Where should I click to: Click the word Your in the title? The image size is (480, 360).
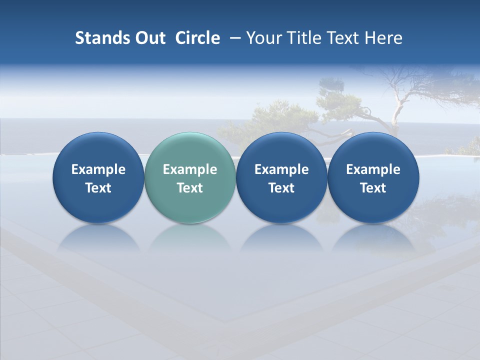(x=263, y=38)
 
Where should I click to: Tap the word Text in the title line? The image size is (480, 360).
(x=342, y=38)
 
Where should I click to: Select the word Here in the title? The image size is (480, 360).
(x=383, y=38)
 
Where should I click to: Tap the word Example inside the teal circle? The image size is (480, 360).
(x=190, y=169)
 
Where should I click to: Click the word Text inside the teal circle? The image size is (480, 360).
(x=190, y=188)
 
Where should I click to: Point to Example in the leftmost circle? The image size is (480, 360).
(x=98, y=169)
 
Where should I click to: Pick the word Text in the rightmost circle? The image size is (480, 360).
(x=373, y=188)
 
